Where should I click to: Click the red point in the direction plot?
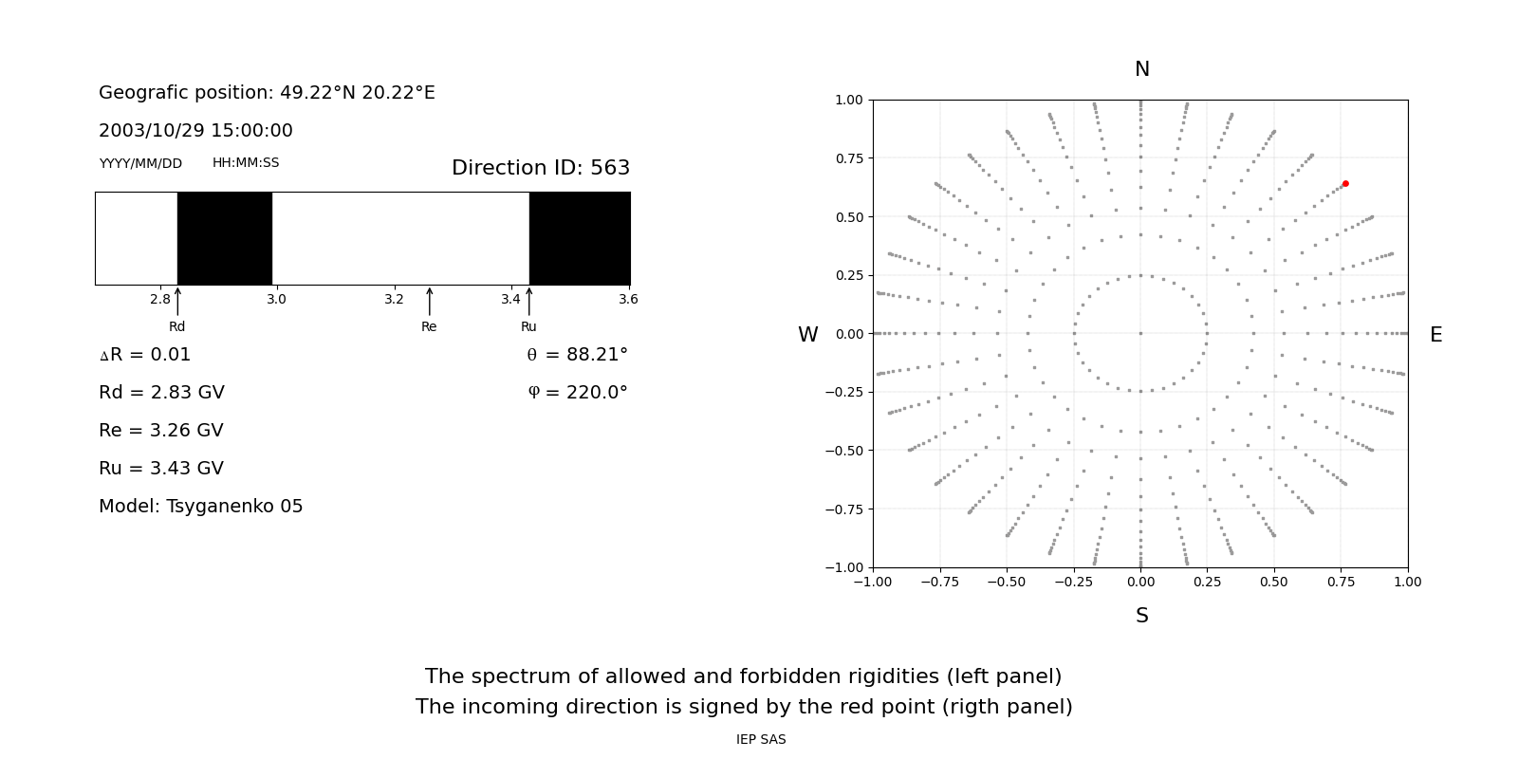tap(1345, 184)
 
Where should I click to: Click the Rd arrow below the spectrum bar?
tap(177, 302)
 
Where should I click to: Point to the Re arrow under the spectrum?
tap(430, 302)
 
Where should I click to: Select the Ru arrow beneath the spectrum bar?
tap(529, 302)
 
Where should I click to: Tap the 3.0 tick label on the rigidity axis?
tap(276, 300)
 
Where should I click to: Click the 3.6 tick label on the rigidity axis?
tap(628, 300)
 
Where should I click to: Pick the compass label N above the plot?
tap(1142, 70)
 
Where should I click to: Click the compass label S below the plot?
tap(1142, 617)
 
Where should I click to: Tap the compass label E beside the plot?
tap(1435, 335)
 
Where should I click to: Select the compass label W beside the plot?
tap(808, 335)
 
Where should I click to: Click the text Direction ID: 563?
tap(541, 168)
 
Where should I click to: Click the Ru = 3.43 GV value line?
tap(161, 469)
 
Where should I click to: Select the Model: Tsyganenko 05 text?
tap(201, 507)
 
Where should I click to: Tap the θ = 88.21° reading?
tap(577, 355)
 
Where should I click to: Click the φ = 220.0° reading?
tap(578, 393)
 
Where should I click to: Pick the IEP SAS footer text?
tap(761, 740)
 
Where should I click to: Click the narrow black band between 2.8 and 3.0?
tap(225, 238)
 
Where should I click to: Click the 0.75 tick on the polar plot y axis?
tap(848, 158)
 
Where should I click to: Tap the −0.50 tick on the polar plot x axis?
tap(1007, 582)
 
